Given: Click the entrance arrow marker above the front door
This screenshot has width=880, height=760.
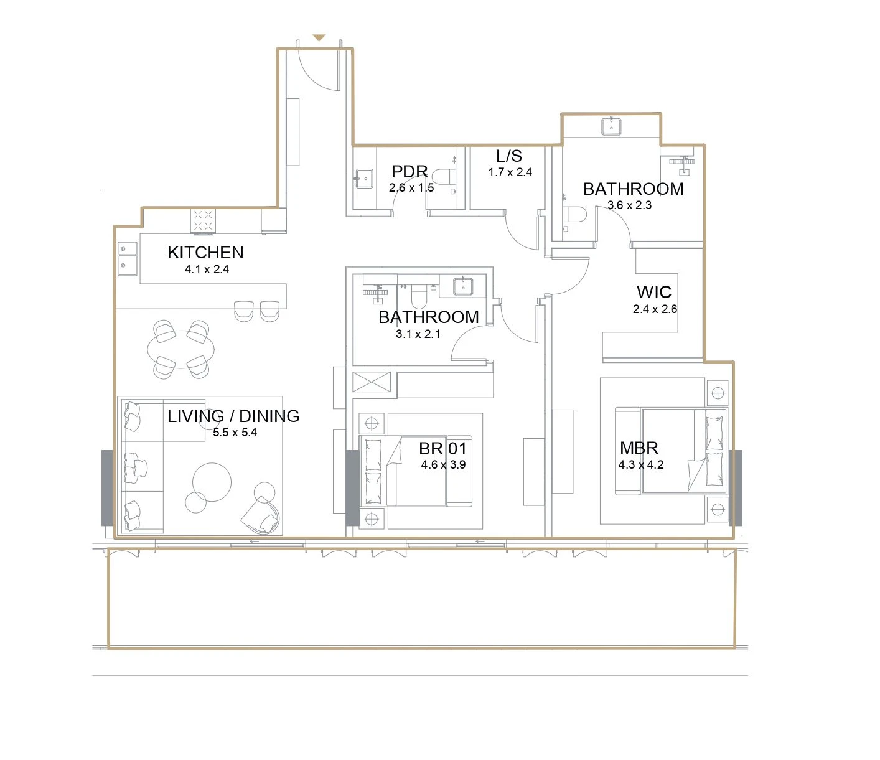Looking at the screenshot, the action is [319, 38].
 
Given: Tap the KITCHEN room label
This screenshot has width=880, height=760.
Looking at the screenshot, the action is [205, 253].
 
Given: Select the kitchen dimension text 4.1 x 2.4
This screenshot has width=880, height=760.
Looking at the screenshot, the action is [207, 269].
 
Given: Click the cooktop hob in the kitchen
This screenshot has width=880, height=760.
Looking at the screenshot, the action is [203, 220].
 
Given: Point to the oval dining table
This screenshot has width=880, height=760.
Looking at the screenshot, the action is [181, 349].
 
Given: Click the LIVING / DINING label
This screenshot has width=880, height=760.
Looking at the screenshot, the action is [233, 416].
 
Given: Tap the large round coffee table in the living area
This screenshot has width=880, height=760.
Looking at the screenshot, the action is [212, 482].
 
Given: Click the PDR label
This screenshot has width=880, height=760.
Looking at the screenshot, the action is [410, 171].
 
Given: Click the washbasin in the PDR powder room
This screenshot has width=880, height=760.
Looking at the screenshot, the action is [365, 179].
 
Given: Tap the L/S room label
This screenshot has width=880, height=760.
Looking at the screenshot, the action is [509, 156].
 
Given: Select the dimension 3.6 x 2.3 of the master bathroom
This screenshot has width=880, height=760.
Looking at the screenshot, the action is [630, 205].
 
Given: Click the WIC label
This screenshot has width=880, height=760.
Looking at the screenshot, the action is [654, 292].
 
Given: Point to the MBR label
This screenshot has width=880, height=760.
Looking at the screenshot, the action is [639, 448].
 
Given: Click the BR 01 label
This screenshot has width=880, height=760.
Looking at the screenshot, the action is [442, 448].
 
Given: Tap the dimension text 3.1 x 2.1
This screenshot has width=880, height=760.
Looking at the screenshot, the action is [418, 334].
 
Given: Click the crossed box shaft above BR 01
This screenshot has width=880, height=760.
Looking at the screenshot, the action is [372, 382].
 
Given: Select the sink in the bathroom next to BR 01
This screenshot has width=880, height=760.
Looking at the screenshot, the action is [463, 286].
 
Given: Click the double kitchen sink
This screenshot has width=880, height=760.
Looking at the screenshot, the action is [128, 259].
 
